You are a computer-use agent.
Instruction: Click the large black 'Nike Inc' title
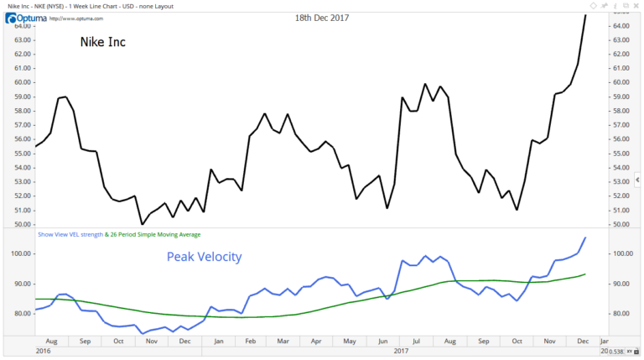[103, 42]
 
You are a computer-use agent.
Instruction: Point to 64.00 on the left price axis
[22, 26]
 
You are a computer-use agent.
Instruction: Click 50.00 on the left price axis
[22, 225]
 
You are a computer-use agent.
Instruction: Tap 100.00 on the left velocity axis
[22, 253]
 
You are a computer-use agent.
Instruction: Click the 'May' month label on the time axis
[350, 342]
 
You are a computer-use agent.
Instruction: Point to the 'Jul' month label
[417, 342]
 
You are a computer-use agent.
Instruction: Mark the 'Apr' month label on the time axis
[316, 342]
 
